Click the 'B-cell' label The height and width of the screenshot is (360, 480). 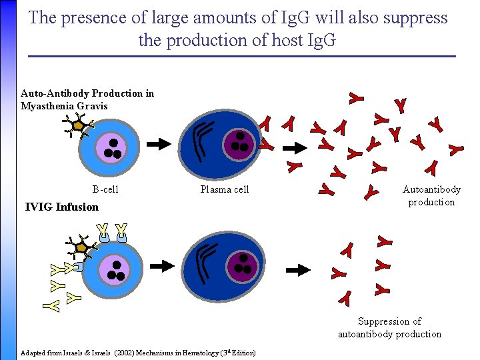[x=105, y=190]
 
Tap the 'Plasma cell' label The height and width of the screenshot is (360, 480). [x=225, y=190]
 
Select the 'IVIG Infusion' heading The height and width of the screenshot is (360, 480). [x=61, y=207]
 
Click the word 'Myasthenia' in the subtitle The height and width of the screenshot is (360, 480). [x=45, y=106]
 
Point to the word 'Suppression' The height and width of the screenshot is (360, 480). [x=389, y=321]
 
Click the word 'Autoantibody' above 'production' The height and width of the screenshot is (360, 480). [x=431, y=190]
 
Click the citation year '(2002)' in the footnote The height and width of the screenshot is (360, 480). [x=124, y=353]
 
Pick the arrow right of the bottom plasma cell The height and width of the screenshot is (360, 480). [x=298, y=269]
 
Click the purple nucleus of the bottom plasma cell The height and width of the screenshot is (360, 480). [x=243, y=265]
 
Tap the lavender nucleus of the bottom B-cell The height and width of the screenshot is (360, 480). [x=114, y=269]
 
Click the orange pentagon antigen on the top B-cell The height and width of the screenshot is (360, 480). [x=79, y=125]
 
